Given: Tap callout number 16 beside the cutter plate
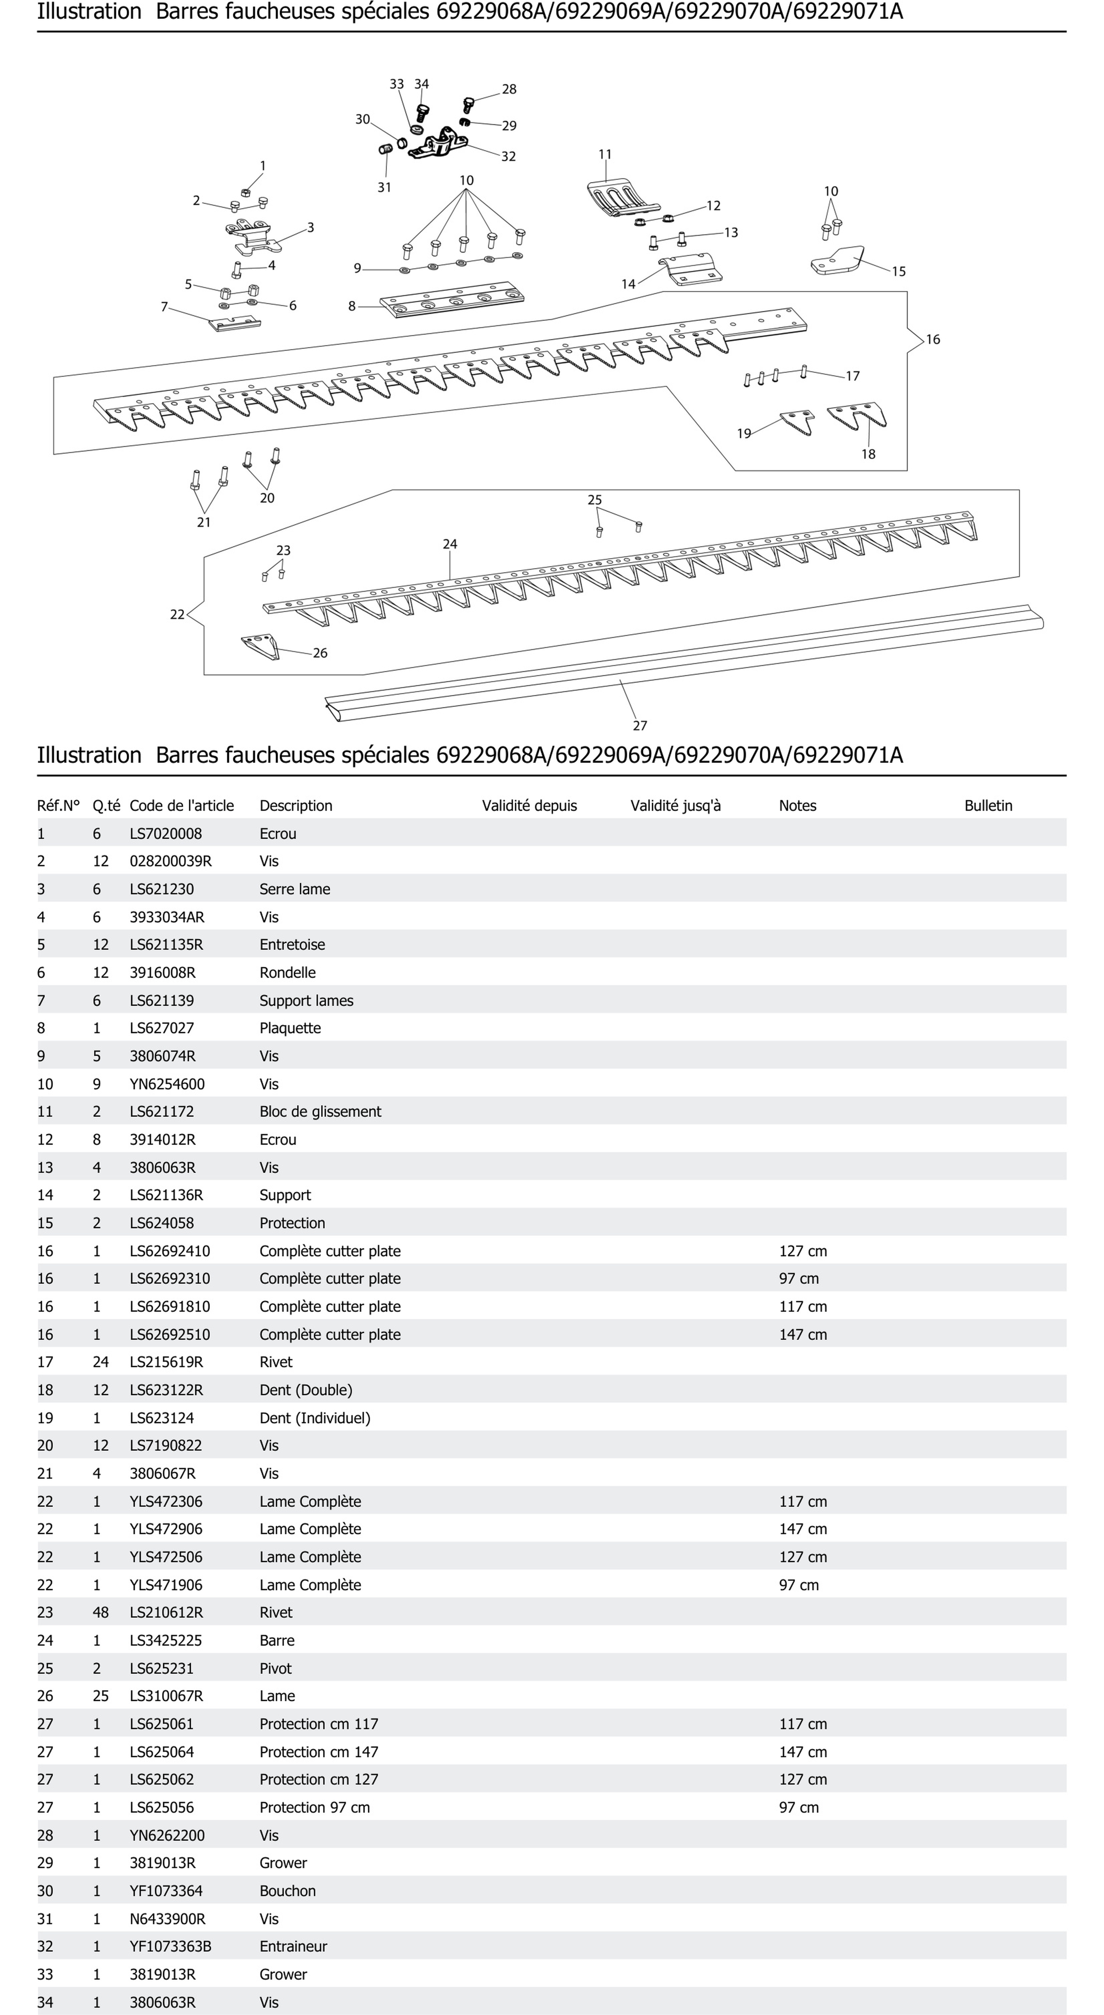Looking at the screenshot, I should point(933,340).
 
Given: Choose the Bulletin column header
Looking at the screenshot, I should point(987,806).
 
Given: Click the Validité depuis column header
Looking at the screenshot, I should point(529,806).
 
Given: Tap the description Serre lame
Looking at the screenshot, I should point(295,889).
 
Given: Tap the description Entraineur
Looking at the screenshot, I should point(294,1946).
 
